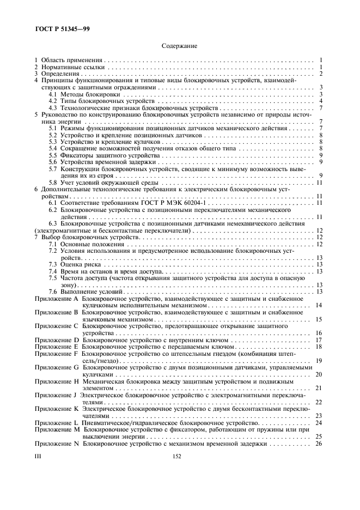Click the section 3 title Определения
click(62, 74)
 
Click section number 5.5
click(52, 155)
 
